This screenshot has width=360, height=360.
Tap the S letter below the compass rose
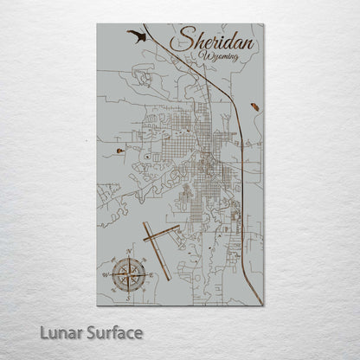[130, 294]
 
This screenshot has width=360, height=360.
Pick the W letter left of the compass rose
[106, 276]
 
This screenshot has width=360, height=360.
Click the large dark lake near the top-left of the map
[135, 36]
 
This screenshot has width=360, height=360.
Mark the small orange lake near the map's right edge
[254, 106]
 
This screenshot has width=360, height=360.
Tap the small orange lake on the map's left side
[117, 150]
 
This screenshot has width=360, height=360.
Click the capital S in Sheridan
[184, 40]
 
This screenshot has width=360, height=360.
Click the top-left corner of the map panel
[97, 23]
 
